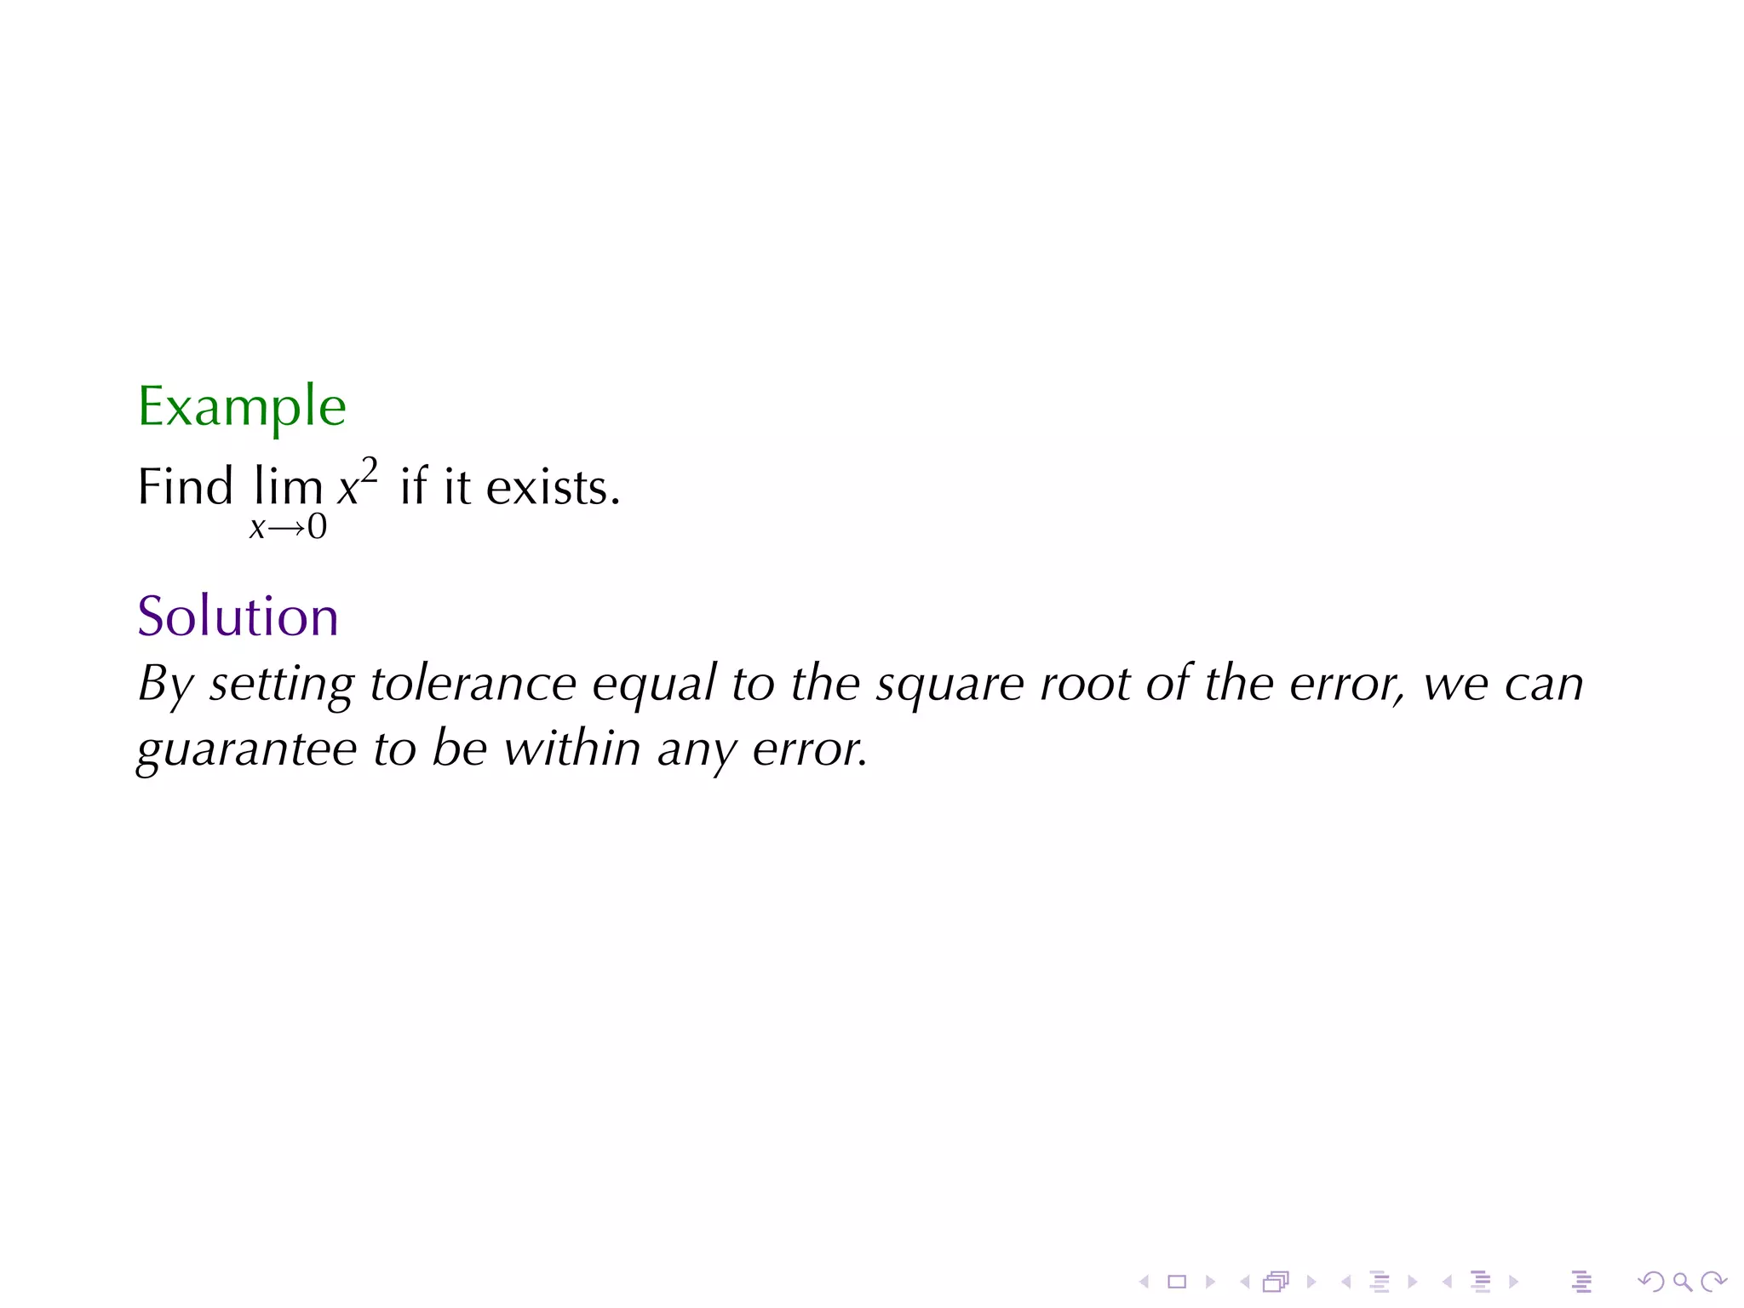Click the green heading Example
242,407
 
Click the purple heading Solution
238,616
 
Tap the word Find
185,487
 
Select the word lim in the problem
288,487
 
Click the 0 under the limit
317,527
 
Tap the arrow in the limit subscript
286,528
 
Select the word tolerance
473,683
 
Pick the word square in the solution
949,685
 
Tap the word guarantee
246,749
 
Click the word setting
281,685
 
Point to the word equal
654,685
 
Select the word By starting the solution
165,685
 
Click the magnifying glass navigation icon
1682,1281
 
